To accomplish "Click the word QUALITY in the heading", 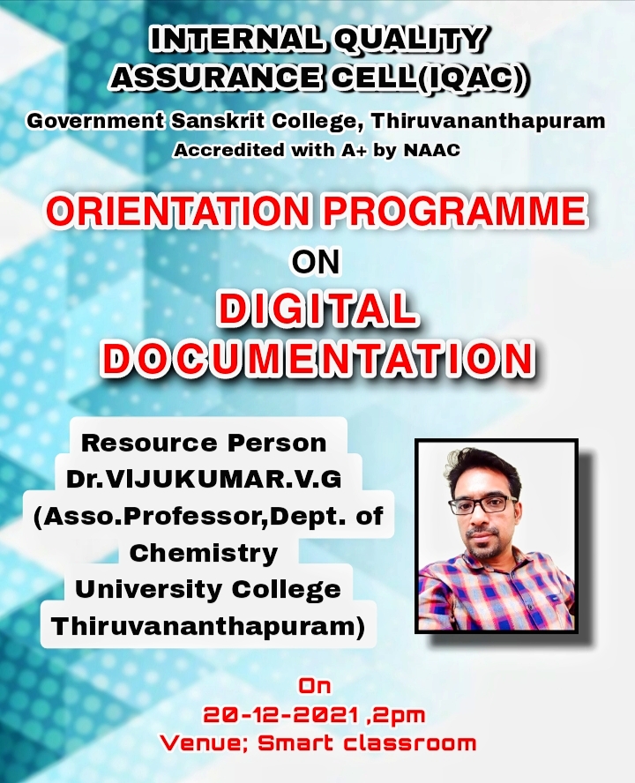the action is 408,40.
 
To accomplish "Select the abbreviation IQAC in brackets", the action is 469,78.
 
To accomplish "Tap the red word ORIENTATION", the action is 178,211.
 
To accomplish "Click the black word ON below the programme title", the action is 316,262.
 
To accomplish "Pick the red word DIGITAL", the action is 317,309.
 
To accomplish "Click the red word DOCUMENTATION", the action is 318,359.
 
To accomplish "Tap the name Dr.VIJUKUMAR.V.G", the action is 204,480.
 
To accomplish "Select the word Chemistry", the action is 204,553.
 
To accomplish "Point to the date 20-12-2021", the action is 281,715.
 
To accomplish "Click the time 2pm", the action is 398,716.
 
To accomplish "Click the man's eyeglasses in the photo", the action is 482,505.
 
